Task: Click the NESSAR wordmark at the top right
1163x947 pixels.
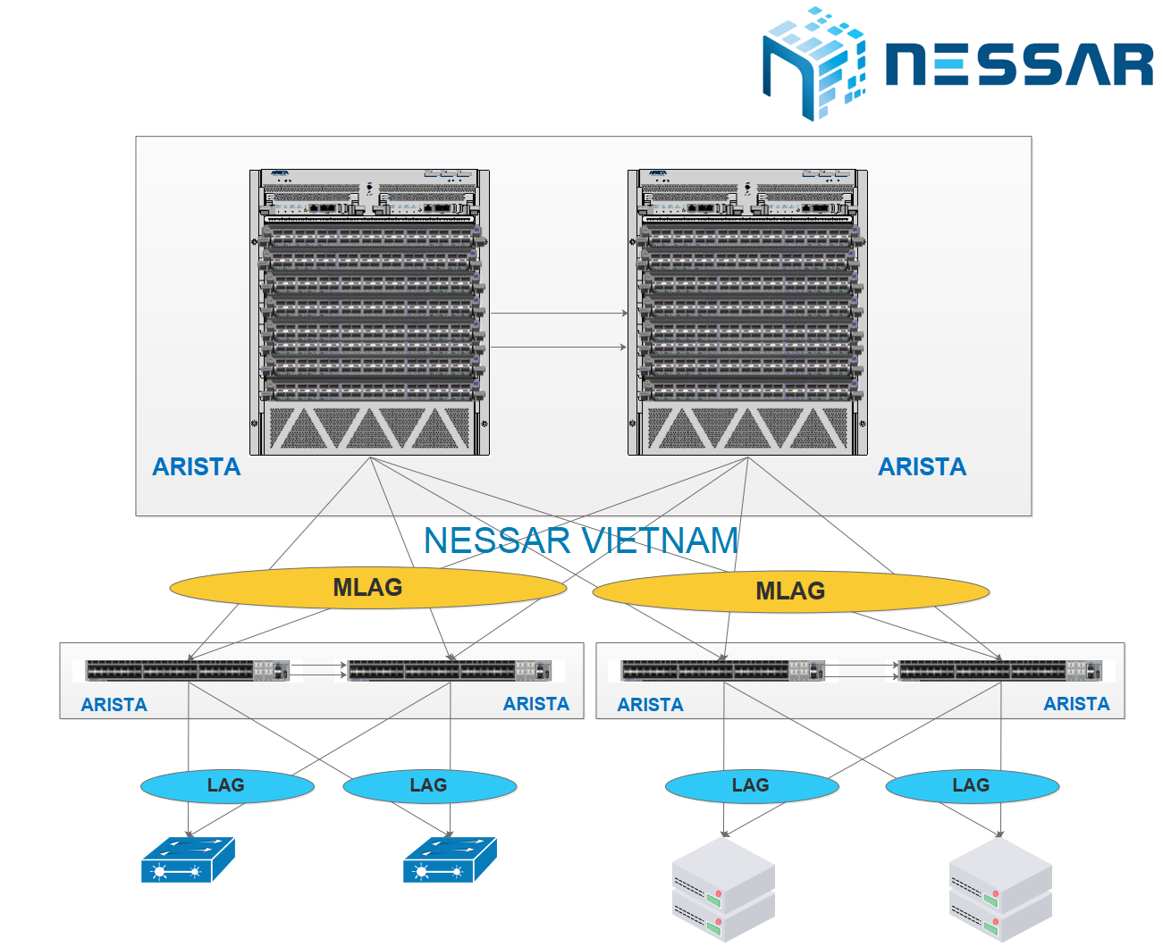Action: click(1019, 64)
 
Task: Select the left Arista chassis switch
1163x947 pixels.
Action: click(369, 313)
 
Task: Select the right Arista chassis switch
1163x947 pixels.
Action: click(747, 313)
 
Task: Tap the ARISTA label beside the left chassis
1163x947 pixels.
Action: click(197, 467)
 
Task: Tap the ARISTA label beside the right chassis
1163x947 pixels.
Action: click(922, 467)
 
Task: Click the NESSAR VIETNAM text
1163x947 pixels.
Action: click(581, 541)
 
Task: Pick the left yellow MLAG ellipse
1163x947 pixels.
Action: click(367, 588)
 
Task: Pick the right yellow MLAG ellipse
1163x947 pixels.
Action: click(790, 591)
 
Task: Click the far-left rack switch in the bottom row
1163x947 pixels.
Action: click(187, 670)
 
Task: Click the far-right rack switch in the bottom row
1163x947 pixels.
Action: click(999, 670)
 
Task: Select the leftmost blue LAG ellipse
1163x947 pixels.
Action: click(226, 785)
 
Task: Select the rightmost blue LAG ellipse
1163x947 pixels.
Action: click(972, 785)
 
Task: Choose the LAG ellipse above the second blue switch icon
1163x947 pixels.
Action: click(429, 785)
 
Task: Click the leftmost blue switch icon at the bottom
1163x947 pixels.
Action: click(188, 859)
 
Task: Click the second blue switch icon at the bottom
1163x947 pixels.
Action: click(450, 859)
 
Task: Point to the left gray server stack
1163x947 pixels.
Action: click(722, 889)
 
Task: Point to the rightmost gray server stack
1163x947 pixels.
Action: click(999, 889)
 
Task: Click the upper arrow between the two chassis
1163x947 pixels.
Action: click(559, 314)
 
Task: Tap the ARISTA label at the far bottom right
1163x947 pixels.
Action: click(1076, 704)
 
